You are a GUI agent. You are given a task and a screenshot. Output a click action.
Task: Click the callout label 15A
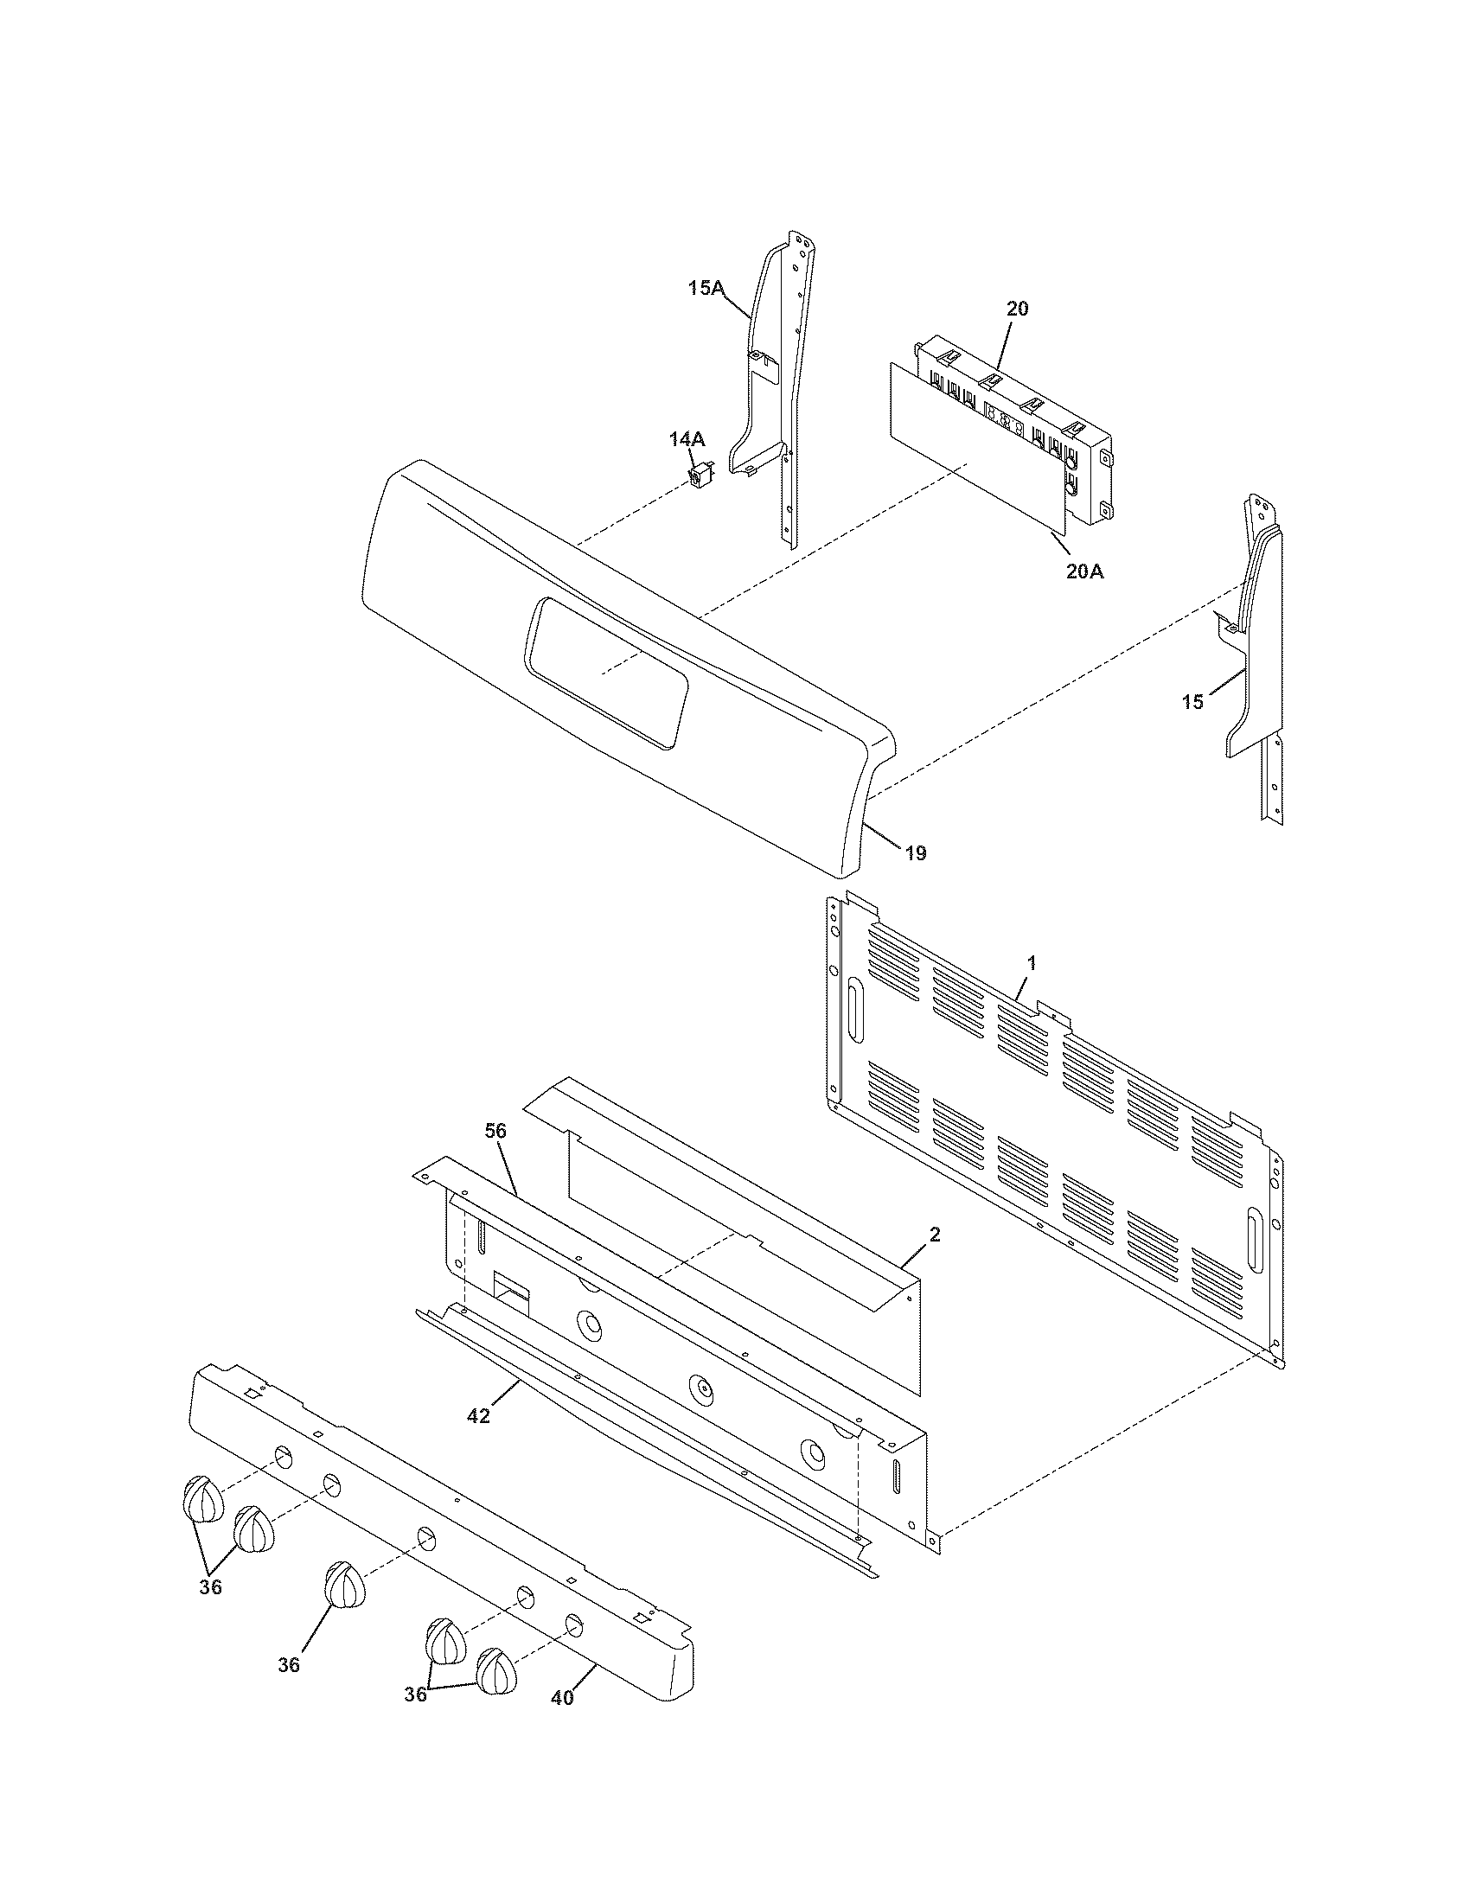tap(706, 287)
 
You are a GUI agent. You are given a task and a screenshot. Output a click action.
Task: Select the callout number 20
tap(1017, 309)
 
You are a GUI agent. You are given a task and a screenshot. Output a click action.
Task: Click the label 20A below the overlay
tap(1084, 571)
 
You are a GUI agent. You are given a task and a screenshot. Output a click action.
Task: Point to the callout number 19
tap(915, 852)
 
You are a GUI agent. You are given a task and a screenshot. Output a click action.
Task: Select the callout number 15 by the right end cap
tap(1192, 701)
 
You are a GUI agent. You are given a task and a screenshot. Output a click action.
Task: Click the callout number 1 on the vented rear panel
tap(1031, 963)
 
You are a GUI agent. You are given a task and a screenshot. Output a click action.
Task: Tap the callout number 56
tap(495, 1131)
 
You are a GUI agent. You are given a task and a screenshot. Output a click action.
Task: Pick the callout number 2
tap(934, 1234)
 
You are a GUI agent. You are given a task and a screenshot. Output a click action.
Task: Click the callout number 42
tap(478, 1416)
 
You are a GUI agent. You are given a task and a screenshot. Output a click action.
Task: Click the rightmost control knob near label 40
tap(496, 1670)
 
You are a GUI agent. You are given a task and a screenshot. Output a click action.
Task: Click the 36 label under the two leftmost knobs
tap(210, 1586)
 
